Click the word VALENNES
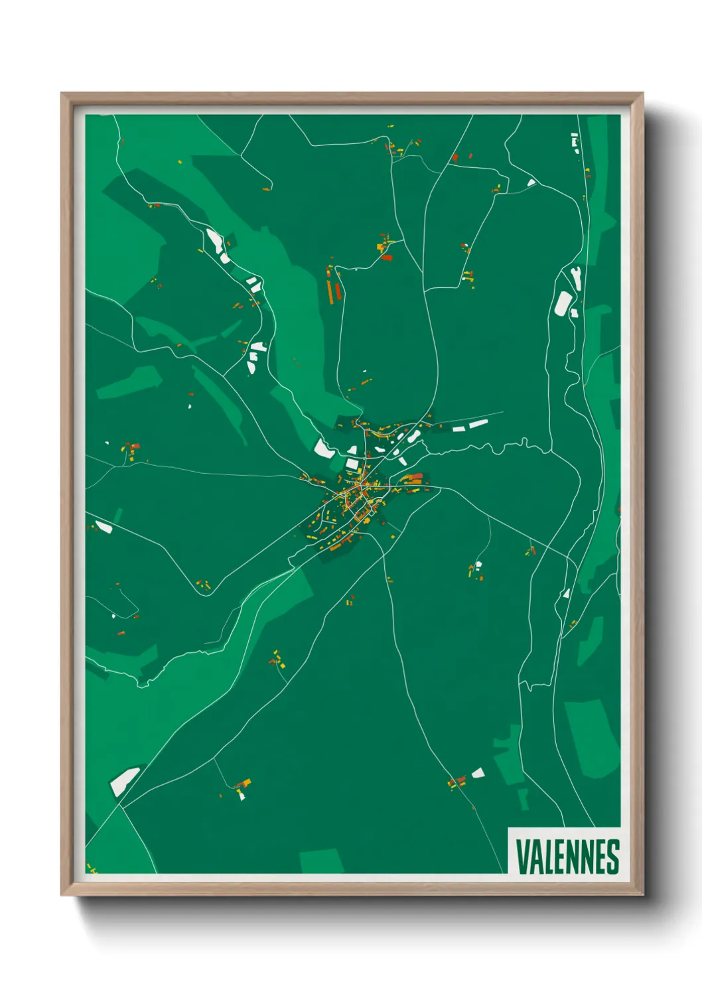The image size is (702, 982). click(567, 857)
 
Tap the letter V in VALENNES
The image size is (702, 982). click(522, 857)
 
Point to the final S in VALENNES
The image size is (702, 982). click(613, 857)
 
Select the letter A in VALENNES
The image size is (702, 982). click(535, 857)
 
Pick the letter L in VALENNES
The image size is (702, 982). click(547, 857)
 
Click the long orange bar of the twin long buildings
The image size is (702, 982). click(330, 291)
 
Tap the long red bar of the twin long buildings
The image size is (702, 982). click(337, 292)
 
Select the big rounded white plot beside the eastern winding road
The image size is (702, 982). click(563, 303)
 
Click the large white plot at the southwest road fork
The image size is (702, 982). click(124, 781)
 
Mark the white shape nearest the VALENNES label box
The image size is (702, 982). click(478, 773)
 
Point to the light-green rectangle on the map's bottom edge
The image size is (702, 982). click(322, 861)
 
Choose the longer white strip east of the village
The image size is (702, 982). click(478, 423)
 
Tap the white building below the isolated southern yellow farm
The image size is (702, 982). click(242, 794)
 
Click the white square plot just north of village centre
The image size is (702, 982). click(352, 464)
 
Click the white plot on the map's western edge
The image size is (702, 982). click(104, 527)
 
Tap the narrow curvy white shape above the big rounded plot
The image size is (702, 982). click(577, 278)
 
